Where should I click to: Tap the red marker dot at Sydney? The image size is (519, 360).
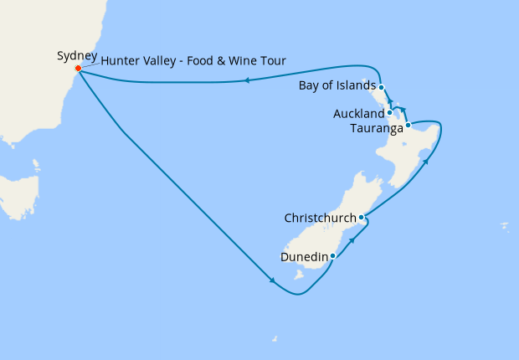coord(78,69)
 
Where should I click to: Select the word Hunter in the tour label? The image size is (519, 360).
coord(121,60)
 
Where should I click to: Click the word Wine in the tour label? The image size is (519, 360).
coord(241,60)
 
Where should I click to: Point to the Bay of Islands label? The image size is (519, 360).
coord(336,87)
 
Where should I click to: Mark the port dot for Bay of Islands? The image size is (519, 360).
coord(381,87)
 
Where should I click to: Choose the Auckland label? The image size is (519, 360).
coord(358,113)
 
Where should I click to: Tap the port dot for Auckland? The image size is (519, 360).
coord(390,112)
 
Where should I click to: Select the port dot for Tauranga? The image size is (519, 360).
coord(408,126)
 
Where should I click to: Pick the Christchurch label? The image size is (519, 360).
coord(320,219)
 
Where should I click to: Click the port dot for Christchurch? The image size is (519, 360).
coord(362,218)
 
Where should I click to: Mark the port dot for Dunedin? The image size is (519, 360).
coord(333,255)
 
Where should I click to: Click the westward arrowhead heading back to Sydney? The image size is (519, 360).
coord(247,80)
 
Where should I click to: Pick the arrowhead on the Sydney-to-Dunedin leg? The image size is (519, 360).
coord(272,281)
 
